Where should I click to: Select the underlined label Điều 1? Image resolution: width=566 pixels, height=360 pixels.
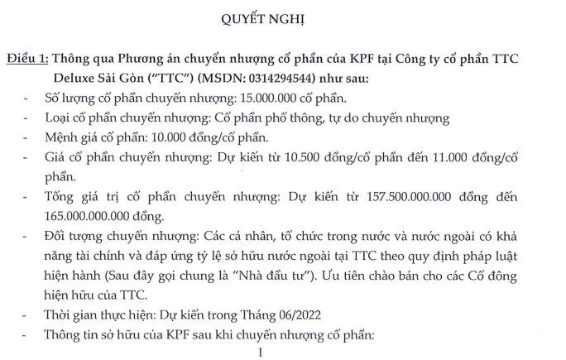point(29,60)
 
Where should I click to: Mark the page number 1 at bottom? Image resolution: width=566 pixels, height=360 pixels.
point(260,352)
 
